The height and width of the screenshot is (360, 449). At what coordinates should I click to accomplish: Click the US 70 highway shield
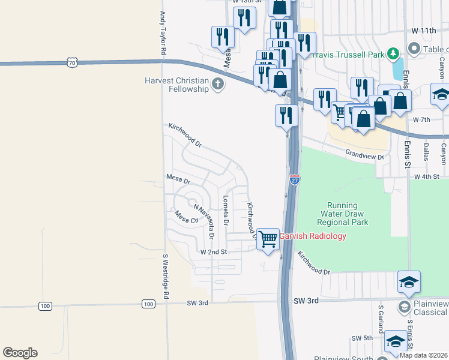pos(72,62)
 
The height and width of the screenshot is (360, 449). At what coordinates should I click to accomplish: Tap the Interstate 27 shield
pos(294,179)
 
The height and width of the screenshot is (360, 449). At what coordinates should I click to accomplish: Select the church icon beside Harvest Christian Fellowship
pos(218,85)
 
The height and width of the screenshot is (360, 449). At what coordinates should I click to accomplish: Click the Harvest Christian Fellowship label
pos(176,85)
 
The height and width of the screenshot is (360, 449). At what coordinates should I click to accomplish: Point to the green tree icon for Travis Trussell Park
pos(393,53)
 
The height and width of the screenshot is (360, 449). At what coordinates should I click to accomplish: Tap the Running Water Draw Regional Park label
pos(343,214)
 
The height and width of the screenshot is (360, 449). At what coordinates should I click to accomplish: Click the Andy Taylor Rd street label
pos(162,34)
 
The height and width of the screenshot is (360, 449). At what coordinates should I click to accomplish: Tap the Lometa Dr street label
pos(226,210)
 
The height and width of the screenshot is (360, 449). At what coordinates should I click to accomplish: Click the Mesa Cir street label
pos(186,216)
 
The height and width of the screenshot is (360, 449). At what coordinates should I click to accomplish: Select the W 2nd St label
pos(213,253)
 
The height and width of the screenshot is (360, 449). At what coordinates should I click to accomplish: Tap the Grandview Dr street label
pos(364,155)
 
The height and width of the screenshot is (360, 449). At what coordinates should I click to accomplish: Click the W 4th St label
pos(430,177)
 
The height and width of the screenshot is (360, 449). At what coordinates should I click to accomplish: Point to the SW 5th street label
pos(363,338)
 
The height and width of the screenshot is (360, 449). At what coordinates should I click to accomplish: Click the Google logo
pos(20,353)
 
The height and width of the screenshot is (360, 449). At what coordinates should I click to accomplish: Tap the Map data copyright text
pos(424,355)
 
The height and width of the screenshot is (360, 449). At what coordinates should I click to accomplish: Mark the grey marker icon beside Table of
pos(414,47)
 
